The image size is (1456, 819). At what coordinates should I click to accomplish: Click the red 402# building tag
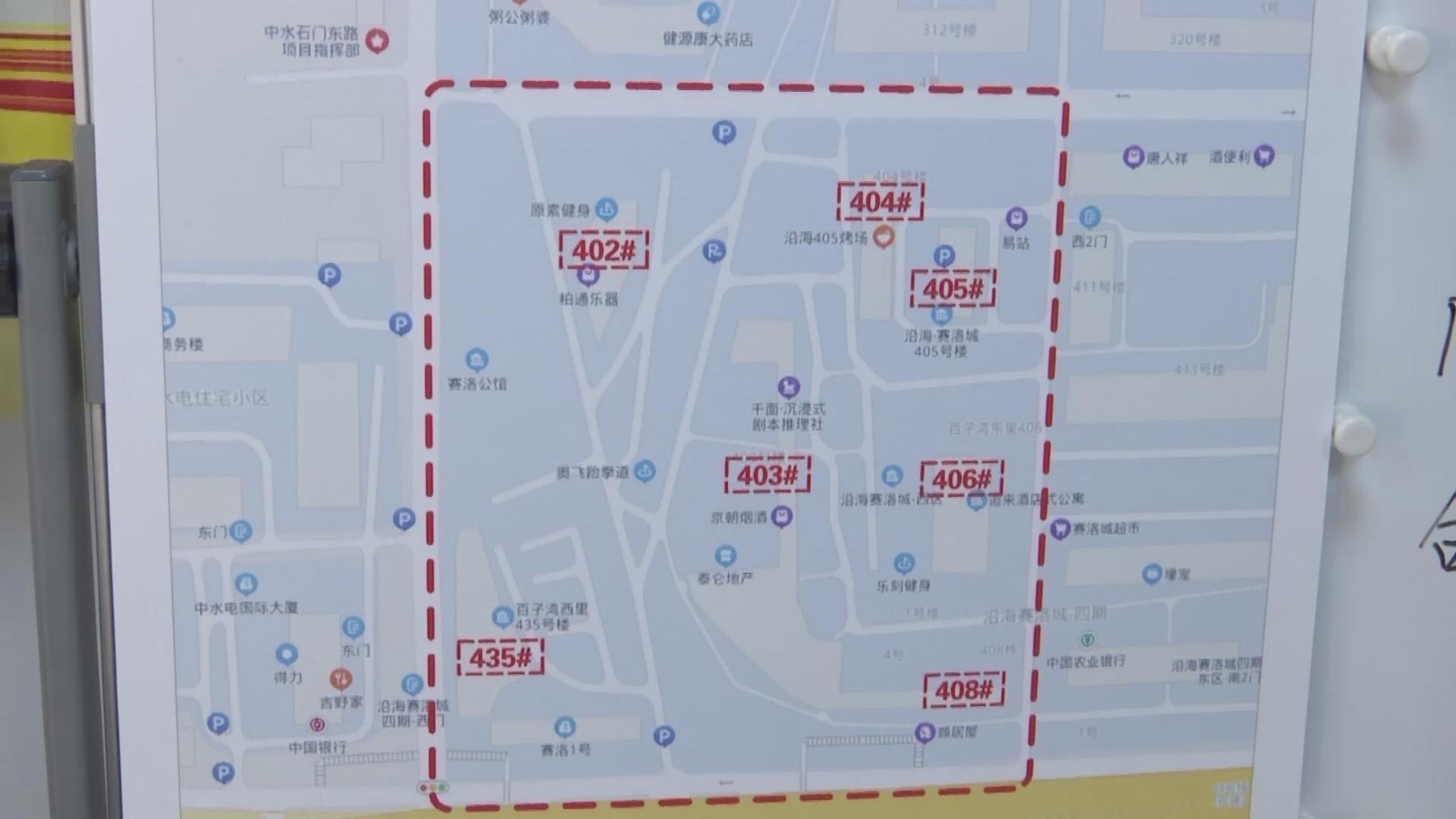coord(603,250)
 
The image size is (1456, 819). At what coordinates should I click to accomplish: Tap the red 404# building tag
coord(880,202)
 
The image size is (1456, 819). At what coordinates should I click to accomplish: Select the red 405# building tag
coord(953,289)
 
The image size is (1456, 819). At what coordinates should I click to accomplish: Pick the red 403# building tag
coord(767,474)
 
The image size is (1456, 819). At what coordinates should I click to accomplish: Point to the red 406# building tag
coord(962,479)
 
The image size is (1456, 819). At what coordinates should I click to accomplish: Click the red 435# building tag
coord(500,657)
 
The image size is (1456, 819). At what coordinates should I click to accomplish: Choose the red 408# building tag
coord(964,690)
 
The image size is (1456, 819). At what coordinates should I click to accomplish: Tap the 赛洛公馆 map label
coord(477,384)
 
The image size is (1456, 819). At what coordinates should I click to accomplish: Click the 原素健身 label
coord(561,211)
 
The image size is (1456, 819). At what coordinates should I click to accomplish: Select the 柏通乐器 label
coord(588,298)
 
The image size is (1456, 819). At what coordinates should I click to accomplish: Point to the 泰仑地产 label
coord(724,578)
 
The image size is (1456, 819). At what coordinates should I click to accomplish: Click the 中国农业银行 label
coord(1086,662)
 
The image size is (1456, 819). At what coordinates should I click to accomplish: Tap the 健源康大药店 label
coord(707,39)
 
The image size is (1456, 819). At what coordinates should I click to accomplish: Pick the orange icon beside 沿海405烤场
coord(883,238)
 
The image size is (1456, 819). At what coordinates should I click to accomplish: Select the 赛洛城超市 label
coord(1105,529)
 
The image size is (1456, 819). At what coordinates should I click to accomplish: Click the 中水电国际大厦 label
coord(246,607)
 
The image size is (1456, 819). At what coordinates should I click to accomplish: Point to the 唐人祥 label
coord(1167,158)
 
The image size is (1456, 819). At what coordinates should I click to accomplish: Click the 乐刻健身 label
coord(903,585)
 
